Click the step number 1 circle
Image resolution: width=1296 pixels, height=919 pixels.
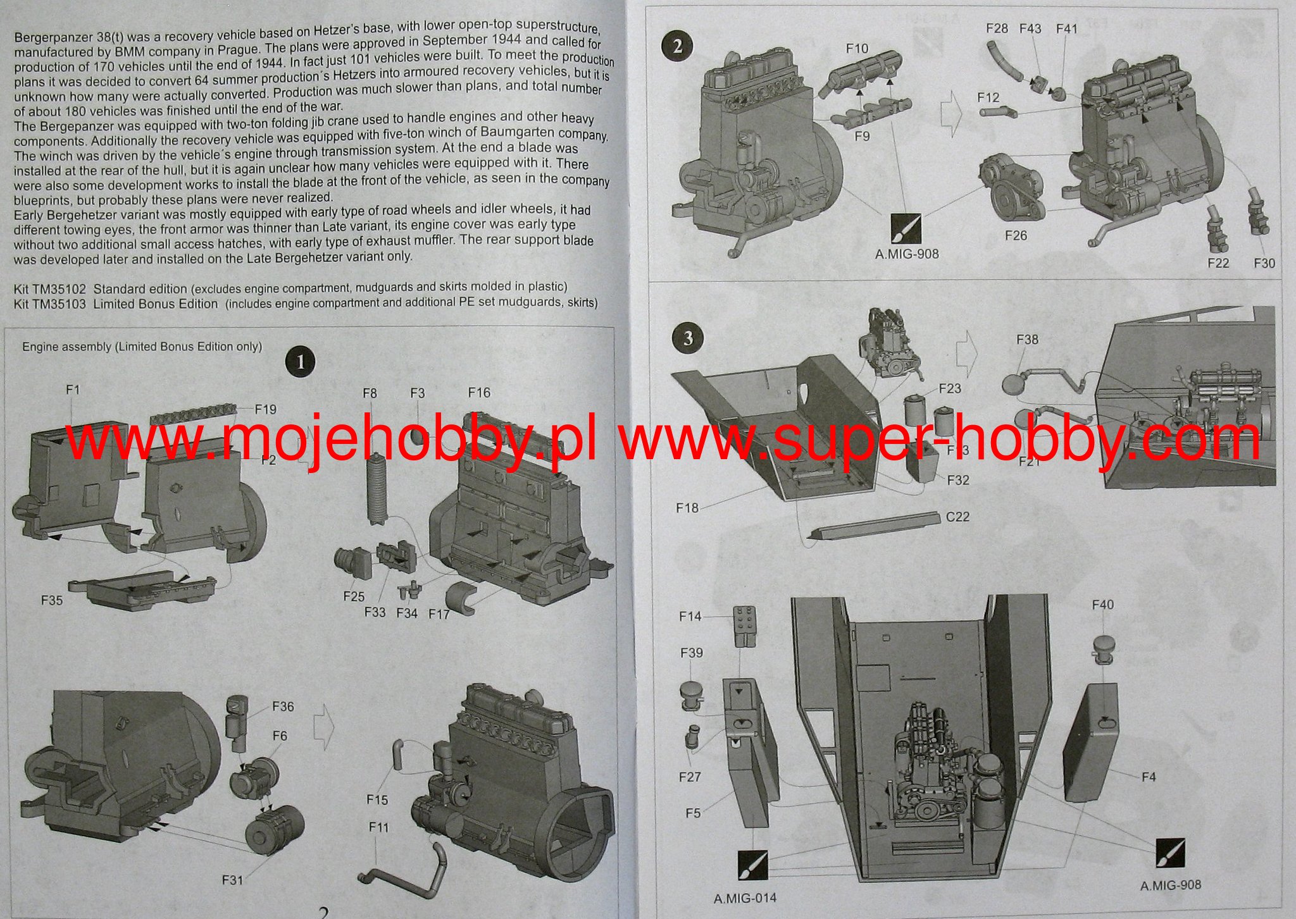click(301, 362)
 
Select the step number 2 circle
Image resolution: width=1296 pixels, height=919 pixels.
click(678, 46)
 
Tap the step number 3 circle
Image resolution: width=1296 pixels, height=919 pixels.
click(688, 338)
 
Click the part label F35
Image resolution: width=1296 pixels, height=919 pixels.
click(52, 600)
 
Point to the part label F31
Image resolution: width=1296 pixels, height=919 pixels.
click(233, 879)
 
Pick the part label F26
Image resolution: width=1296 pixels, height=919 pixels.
click(1016, 235)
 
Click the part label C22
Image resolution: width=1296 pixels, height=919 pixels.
click(957, 517)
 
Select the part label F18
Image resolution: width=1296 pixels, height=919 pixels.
click(687, 507)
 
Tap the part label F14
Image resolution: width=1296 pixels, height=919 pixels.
click(690, 616)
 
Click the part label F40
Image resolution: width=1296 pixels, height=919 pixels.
click(1102, 605)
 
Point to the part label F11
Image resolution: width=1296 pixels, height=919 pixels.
click(378, 827)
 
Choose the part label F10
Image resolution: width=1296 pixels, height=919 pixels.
click(857, 48)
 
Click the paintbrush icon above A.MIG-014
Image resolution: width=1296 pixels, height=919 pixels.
click(752, 865)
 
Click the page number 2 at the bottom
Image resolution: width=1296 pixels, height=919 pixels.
click(323, 912)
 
